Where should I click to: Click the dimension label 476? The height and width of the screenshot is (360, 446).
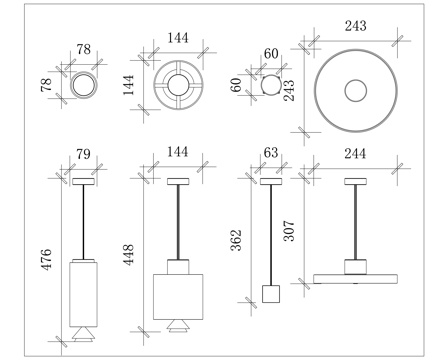pyautogui.click(x=46, y=259)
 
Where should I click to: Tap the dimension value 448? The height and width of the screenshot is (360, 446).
pyautogui.click(x=129, y=255)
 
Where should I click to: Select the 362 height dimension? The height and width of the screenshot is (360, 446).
pyautogui.click(x=236, y=240)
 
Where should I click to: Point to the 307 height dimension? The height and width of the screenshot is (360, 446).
pyautogui.click(x=289, y=231)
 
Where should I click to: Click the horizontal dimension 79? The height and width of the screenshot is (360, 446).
pyautogui.click(x=83, y=154)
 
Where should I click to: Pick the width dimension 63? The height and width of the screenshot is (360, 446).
pyautogui.click(x=271, y=152)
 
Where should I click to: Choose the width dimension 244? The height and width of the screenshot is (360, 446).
pyautogui.click(x=355, y=154)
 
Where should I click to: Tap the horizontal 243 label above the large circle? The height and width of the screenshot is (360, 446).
pyautogui.click(x=356, y=26)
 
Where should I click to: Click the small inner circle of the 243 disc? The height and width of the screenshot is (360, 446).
pyautogui.click(x=356, y=90)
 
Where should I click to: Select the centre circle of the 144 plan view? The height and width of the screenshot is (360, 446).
pyautogui.click(x=178, y=85)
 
